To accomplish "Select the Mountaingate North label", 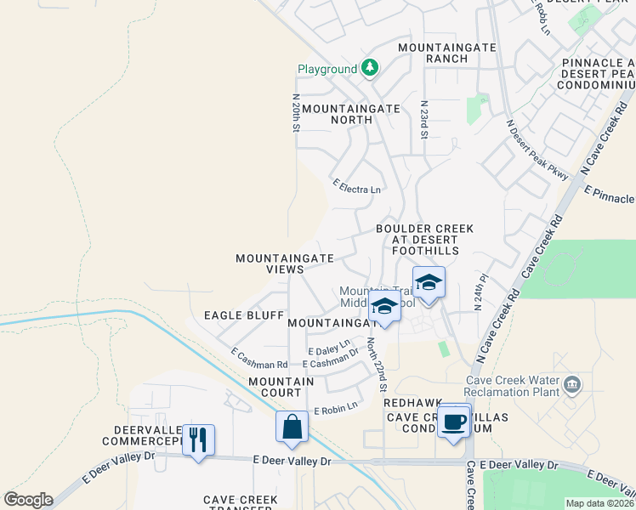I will tap(338, 114).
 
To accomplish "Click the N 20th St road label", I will tap(297, 113).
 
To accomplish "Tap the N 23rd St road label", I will tap(423, 119).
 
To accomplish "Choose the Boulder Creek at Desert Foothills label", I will tap(424, 240).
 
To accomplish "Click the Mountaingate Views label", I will tap(284, 263).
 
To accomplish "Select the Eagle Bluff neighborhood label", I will tap(244, 315).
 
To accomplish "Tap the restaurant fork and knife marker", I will tap(198, 439).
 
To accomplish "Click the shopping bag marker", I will tap(292, 426).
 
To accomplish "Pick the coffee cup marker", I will tap(454, 421).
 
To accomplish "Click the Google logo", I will tap(28, 500).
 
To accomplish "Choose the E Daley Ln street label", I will tap(329, 348).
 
